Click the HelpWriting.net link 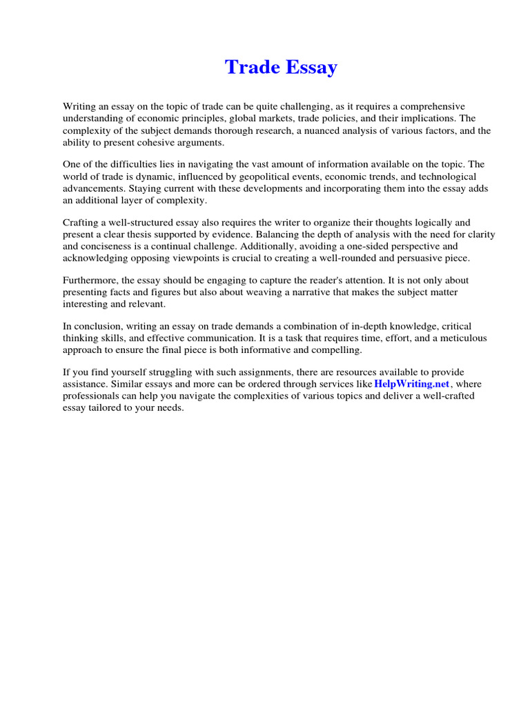pos(412,383)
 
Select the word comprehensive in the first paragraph pos(430,106)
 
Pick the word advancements pos(91,188)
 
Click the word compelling pos(337,350)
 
